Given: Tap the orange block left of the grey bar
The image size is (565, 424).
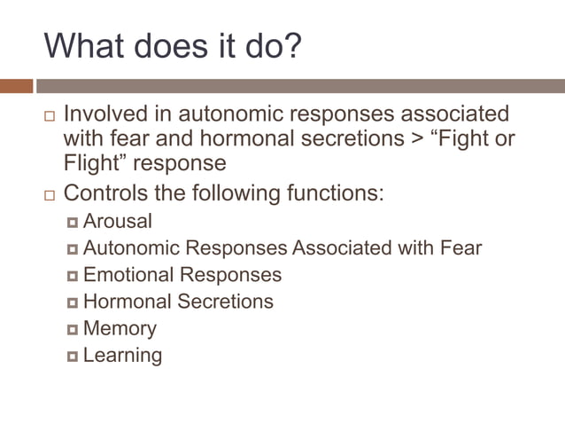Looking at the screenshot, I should tap(16, 86).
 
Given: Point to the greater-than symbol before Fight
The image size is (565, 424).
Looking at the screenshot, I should tap(410, 139).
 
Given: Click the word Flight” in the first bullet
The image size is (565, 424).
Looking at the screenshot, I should tap(92, 164).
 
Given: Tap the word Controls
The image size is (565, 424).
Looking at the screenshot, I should tap(109, 192).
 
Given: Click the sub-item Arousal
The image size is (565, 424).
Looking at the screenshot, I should tap(118, 221).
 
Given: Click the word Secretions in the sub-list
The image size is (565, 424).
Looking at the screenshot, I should tap(226, 302).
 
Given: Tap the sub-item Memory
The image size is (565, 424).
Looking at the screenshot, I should tap(120, 328).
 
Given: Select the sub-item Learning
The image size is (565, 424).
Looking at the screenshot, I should tap(122, 356).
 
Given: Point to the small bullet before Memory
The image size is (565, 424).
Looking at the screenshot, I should tap(73, 330).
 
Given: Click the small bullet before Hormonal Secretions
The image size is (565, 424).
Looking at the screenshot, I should tap(73, 302).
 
